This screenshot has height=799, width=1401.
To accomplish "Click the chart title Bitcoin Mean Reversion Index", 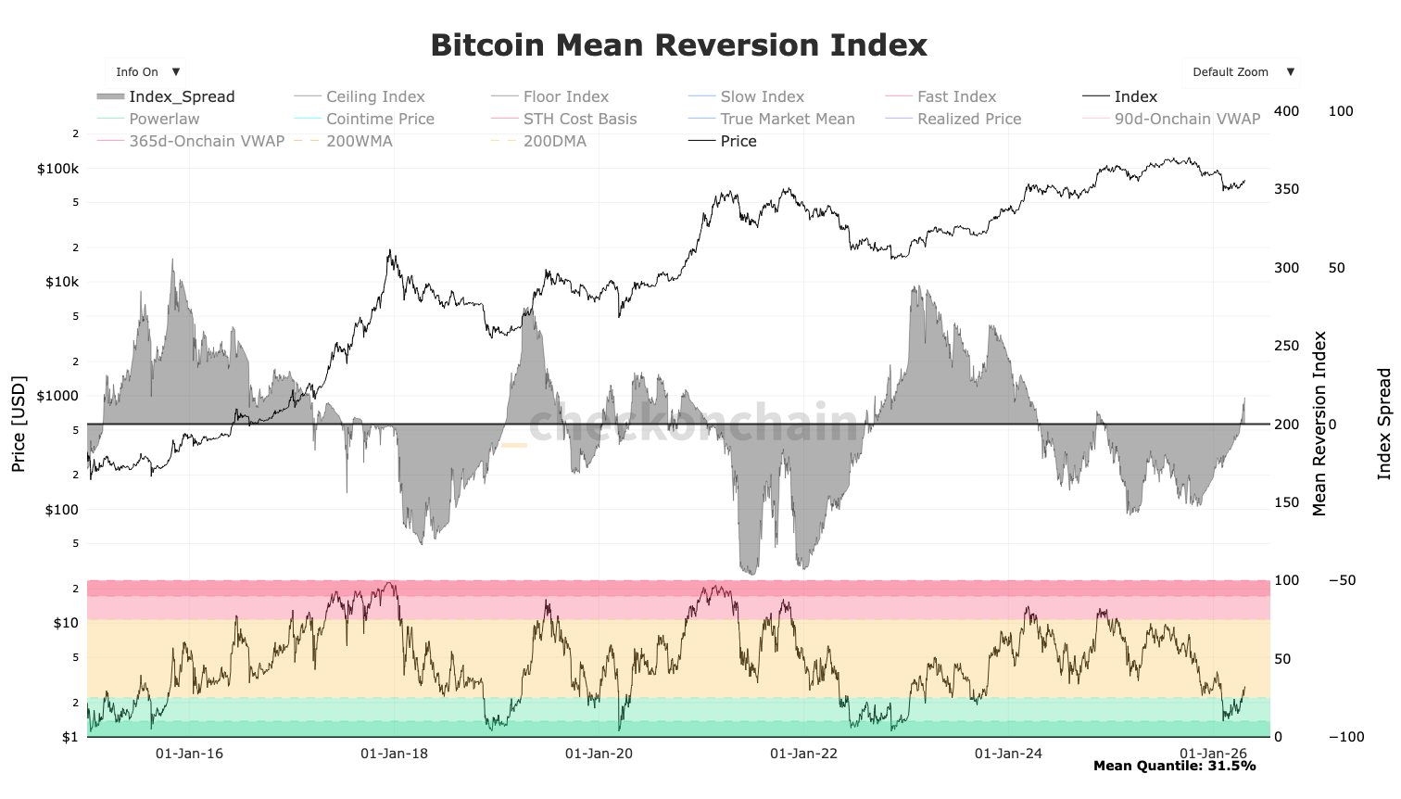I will (678, 45).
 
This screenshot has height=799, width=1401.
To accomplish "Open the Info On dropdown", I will (146, 72).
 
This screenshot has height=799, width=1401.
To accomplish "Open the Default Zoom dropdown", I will (1240, 72).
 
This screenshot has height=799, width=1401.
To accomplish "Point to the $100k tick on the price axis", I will (57, 169).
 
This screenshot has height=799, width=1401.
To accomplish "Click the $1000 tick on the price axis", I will (57, 396).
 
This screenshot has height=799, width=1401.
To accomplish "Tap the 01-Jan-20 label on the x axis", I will (599, 753).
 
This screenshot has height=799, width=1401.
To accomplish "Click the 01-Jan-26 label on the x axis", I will (1213, 753).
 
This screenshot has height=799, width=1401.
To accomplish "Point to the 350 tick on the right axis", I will (1286, 189).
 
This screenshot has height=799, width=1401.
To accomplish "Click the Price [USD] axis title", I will (19, 424).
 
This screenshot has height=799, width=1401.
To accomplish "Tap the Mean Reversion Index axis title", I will (1319, 424).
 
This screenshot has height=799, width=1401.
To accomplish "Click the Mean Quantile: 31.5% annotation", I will (1174, 766).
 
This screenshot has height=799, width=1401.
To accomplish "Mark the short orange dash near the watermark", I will (513, 446).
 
